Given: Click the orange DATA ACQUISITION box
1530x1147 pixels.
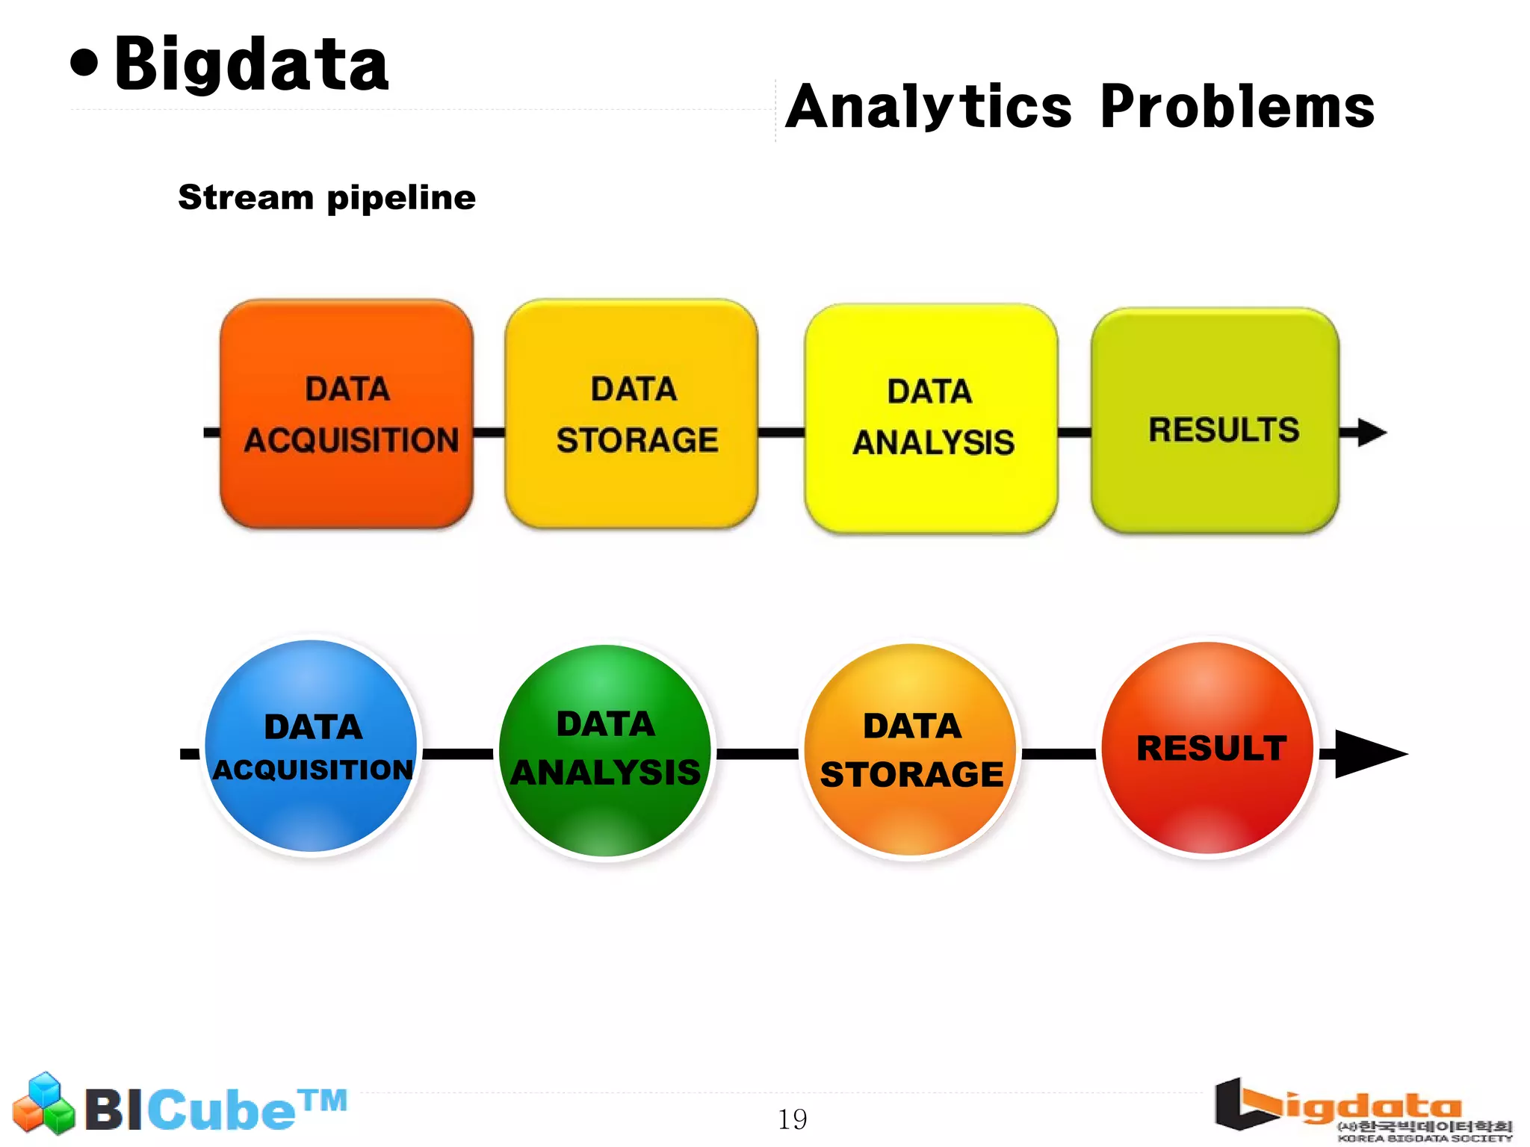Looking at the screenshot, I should point(347,414).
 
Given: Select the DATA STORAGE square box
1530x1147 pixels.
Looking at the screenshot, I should point(632,414).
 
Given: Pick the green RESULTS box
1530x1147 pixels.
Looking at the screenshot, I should point(1215,420).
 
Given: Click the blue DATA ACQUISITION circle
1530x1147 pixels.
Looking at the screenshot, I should point(312,746).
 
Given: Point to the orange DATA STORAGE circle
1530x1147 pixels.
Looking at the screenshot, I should point(911,749).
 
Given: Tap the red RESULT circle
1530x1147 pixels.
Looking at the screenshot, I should point(1209,748).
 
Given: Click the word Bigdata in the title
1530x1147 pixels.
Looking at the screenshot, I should point(252,65).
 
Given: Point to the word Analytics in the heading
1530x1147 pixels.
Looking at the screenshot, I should point(929,107).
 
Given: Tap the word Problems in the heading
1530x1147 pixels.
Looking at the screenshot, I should point(1236,107).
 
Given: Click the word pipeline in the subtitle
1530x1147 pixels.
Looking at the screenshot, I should point(401,199).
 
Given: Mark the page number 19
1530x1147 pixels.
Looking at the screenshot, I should point(792,1119).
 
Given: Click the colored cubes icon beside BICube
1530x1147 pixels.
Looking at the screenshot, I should point(44,1104).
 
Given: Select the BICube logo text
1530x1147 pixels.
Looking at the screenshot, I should point(215,1109).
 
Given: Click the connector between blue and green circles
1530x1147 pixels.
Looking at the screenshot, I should point(458,753).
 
